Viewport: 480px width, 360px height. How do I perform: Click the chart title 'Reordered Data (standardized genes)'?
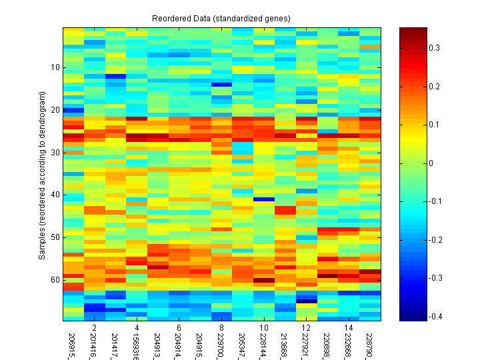pos(221,17)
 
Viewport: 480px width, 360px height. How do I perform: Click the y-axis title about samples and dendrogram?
pos(42,175)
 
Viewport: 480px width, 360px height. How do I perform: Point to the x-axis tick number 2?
pos(94,329)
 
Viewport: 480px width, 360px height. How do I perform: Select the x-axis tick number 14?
pos(349,329)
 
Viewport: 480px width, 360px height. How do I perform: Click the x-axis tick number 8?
pos(222,329)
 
